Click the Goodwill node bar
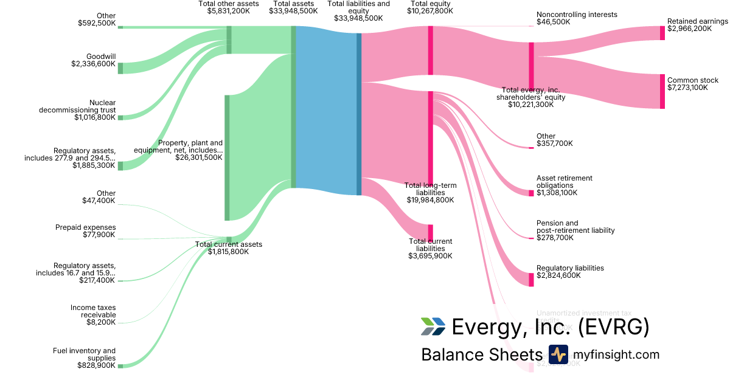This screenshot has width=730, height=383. point(120,68)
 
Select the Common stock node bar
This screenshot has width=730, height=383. point(662,91)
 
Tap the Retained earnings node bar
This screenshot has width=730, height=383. point(662,33)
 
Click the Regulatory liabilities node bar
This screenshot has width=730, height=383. point(531,277)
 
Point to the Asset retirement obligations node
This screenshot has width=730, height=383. point(531,193)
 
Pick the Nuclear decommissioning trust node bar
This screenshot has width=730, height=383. point(120,117)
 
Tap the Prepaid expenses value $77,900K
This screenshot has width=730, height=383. point(99,235)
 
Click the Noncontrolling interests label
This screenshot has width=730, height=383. point(577,15)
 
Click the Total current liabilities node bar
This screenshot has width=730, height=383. point(431,233)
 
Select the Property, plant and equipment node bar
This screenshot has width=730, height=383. point(228,157)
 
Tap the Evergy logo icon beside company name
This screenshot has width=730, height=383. point(433,326)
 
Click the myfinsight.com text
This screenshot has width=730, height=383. point(616,354)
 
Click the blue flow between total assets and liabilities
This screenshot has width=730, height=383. point(326,109)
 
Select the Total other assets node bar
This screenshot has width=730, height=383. point(229,40)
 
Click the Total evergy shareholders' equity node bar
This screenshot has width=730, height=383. point(531,66)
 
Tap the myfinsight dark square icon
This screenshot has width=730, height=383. point(558,354)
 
